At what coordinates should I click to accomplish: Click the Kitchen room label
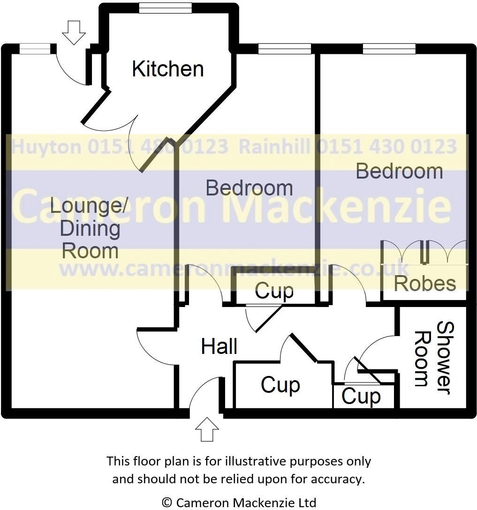167,69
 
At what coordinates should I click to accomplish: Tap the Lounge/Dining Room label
89,228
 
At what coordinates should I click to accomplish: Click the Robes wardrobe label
424,283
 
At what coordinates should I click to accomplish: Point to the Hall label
219,347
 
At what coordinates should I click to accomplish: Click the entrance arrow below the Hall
207,429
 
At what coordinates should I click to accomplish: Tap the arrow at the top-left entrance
74,32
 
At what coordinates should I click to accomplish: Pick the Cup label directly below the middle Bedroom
274,291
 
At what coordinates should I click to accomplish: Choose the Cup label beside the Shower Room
361,397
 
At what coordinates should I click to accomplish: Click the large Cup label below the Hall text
280,385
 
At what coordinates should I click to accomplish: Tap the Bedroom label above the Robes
399,171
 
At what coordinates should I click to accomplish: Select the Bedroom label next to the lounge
249,188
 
